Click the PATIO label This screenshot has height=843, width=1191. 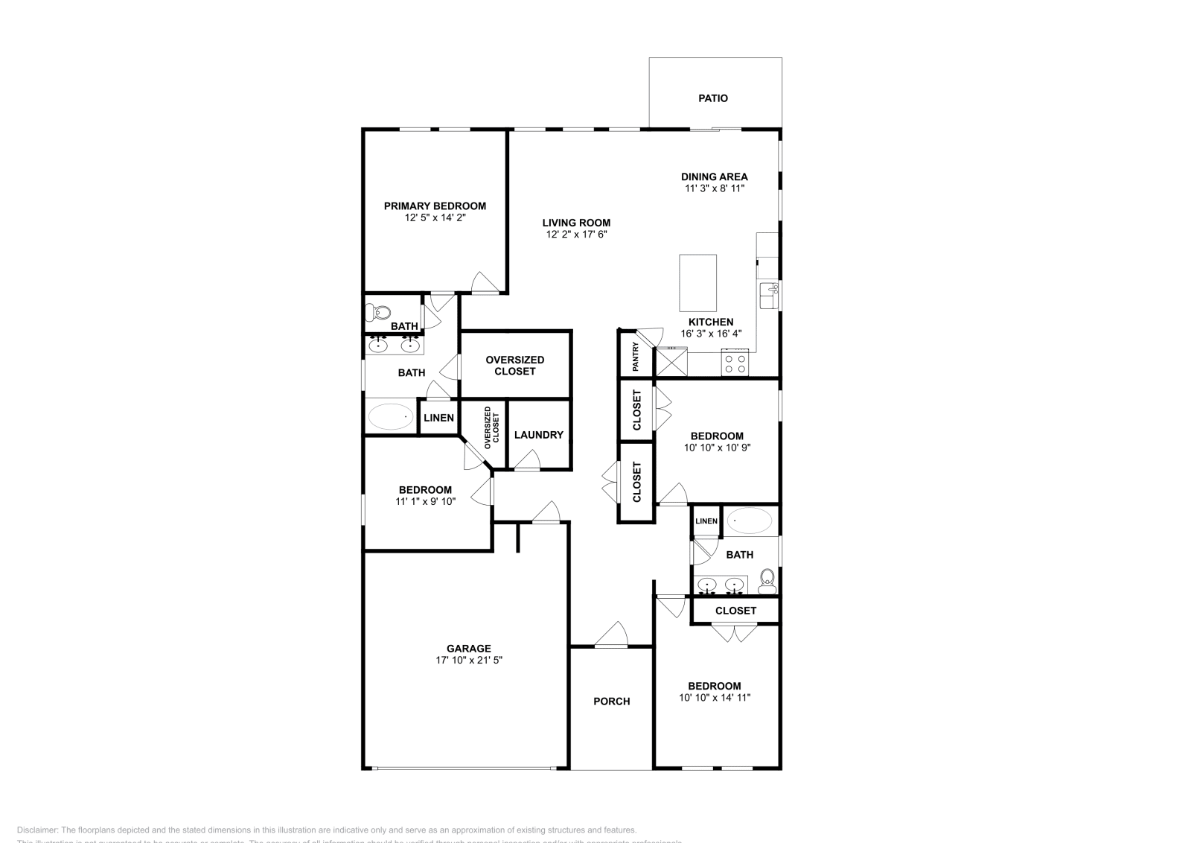coord(712,98)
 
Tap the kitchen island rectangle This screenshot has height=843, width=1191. coord(697,283)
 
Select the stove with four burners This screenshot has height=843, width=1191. coord(735,364)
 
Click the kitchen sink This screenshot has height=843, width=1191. coord(767,295)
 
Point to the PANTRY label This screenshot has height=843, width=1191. coord(636,357)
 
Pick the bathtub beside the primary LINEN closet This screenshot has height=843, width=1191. coord(391,416)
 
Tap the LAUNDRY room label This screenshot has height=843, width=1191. coord(538,435)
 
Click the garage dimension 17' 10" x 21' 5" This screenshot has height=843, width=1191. coord(469,660)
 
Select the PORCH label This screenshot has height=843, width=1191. coord(611,701)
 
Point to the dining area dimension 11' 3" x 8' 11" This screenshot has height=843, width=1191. coord(715,188)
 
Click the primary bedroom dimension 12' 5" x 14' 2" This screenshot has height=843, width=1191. coord(435,218)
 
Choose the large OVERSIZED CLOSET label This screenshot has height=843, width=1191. coord(514,365)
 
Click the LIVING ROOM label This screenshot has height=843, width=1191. coord(576,223)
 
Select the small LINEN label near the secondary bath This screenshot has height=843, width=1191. coord(706,521)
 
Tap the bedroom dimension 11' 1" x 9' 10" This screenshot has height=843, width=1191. coord(425,501)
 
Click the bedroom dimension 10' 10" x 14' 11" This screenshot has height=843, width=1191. coord(714,698)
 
